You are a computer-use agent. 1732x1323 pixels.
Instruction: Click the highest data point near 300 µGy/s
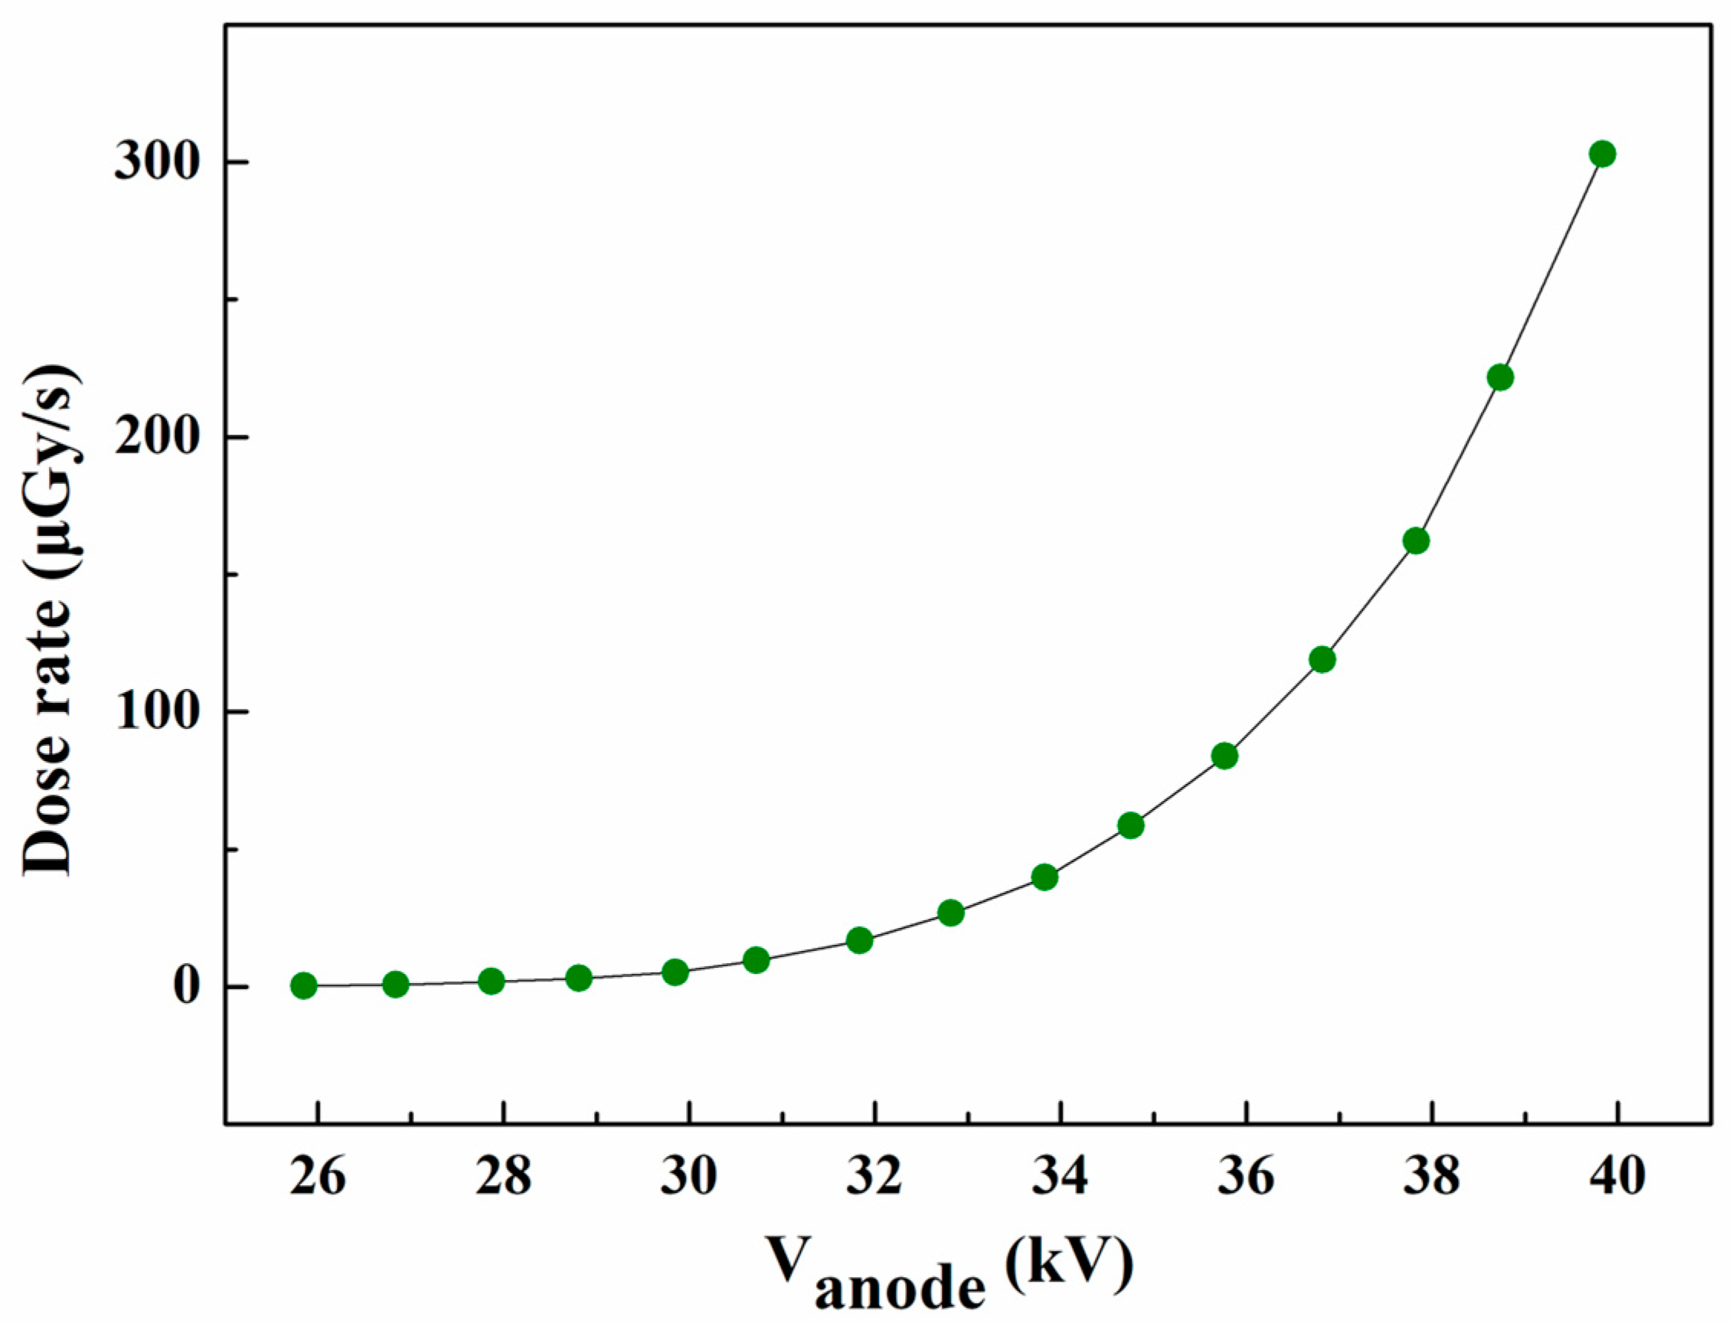click(1602, 155)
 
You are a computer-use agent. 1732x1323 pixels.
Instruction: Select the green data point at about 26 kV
click(303, 985)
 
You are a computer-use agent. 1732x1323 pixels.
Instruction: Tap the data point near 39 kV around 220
click(1501, 378)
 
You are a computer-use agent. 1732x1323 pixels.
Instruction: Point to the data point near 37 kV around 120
click(1322, 659)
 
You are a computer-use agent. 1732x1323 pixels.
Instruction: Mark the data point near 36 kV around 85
click(1225, 756)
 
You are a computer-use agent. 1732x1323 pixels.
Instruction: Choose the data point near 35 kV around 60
click(1130, 826)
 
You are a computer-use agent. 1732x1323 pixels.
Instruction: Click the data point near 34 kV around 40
click(1044, 877)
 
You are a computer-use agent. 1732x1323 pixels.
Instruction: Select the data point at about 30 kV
click(675, 972)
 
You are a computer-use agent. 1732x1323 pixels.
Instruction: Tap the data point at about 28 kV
click(491, 982)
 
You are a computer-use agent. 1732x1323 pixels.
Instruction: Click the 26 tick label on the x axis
click(318, 1178)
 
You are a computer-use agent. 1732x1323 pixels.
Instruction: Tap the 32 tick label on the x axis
click(875, 1178)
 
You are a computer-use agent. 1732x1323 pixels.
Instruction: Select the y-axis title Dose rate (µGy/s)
click(49, 622)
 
